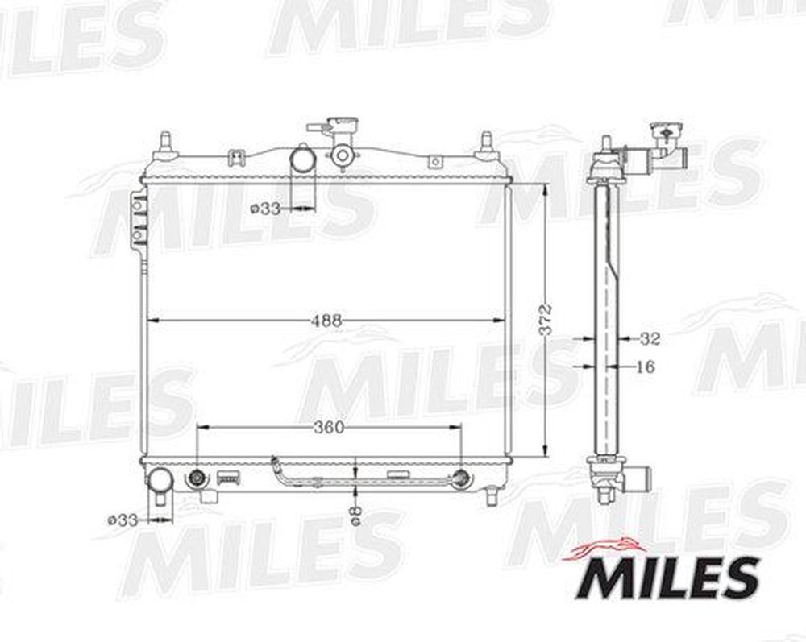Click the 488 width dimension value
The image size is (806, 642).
click(x=326, y=321)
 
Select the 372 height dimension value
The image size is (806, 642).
click(x=545, y=320)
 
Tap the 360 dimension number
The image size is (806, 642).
click(x=329, y=427)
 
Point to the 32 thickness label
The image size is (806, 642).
click(x=650, y=339)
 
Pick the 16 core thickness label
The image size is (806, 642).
click(x=646, y=367)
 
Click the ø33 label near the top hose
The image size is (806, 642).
click(x=265, y=209)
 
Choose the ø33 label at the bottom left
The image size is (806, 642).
click(x=123, y=520)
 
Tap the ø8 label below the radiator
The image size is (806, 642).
click(x=355, y=516)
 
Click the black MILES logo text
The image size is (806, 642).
click(x=667, y=578)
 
